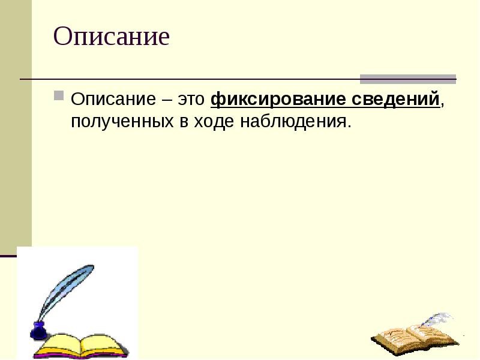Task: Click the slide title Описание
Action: tap(112, 37)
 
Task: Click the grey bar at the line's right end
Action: tap(408, 79)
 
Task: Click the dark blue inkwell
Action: tap(38, 331)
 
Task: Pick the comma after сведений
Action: tap(442, 103)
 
